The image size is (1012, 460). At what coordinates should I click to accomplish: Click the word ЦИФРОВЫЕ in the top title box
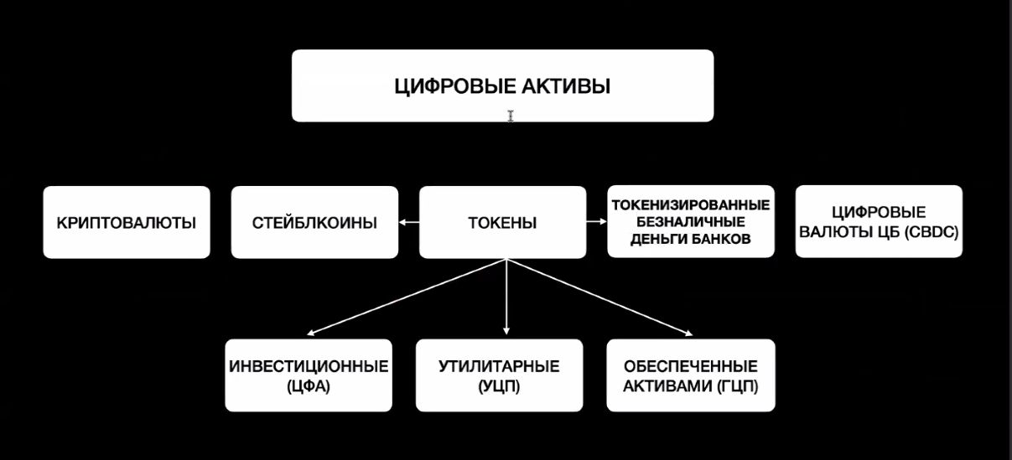(x=455, y=86)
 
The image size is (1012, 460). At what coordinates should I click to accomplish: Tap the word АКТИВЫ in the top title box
(x=567, y=86)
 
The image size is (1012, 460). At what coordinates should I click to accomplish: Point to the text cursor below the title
(x=511, y=116)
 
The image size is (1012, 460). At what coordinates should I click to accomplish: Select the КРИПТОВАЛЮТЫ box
(x=127, y=222)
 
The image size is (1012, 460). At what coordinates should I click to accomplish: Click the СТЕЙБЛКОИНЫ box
(x=314, y=222)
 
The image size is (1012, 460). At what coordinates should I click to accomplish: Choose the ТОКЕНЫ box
(x=503, y=222)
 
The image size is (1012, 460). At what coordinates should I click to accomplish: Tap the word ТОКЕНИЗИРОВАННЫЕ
(x=691, y=205)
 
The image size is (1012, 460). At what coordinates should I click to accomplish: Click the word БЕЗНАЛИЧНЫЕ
(x=691, y=222)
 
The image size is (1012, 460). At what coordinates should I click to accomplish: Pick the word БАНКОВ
(x=720, y=239)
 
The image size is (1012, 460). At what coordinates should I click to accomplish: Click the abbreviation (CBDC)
(x=932, y=232)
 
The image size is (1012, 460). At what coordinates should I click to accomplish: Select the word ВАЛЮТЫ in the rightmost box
(x=828, y=232)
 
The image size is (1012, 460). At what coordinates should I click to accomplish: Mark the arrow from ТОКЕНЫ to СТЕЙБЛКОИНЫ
(x=409, y=222)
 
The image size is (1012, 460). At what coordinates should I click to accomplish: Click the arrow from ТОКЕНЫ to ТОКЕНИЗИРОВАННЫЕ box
(x=597, y=221)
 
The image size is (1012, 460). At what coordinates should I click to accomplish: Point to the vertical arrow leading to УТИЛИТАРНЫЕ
(x=506, y=297)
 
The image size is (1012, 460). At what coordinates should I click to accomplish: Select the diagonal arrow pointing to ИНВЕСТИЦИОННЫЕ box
(x=406, y=297)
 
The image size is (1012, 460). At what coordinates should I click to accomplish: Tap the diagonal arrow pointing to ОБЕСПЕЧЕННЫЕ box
(x=599, y=297)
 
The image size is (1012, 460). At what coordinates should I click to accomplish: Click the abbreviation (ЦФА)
(x=309, y=386)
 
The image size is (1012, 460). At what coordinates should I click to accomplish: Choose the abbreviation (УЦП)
(x=499, y=386)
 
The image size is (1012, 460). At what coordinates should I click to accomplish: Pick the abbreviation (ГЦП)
(x=737, y=386)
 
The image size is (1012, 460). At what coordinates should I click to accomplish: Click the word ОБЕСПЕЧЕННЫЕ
(x=691, y=366)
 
